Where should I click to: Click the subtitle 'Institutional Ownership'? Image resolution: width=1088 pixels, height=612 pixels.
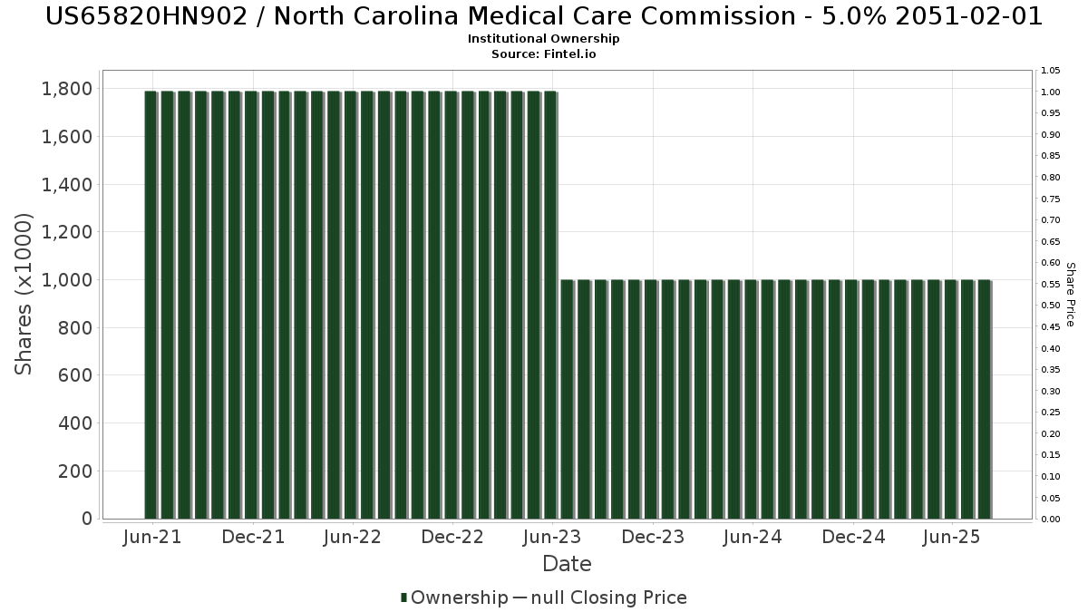click(543, 39)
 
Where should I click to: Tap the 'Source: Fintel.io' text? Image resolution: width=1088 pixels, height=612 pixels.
click(543, 54)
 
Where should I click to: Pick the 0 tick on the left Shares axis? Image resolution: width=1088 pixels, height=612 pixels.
click(87, 519)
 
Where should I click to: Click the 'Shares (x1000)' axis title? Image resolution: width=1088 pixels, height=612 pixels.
click(24, 294)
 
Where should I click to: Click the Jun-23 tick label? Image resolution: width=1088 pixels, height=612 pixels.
click(552, 538)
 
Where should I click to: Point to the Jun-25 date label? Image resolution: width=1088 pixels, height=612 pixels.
click(950, 538)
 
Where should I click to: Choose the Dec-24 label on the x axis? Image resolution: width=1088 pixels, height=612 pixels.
click(853, 538)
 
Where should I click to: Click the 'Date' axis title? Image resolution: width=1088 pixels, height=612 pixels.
click(567, 564)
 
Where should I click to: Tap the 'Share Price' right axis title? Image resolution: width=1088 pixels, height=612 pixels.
click(1070, 294)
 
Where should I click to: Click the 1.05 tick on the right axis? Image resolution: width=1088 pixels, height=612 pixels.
click(1051, 71)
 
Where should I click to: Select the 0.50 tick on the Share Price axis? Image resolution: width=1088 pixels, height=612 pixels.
click(1051, 306)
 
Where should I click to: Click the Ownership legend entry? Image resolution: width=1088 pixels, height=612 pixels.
click(455, 597)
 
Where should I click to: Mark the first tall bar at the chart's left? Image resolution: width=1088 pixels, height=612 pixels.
click(151, 305)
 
